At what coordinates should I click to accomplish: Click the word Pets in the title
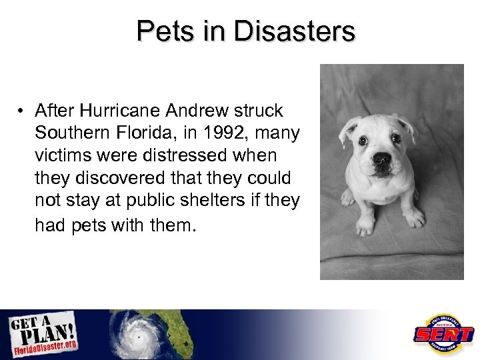(159, 31)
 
